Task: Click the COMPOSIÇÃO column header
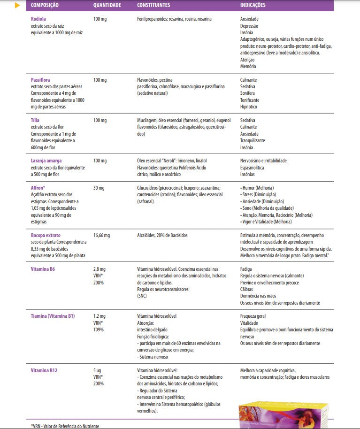45,5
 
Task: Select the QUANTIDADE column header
107,5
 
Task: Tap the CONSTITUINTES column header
153,5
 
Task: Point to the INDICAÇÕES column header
253,5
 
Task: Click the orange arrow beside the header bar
18,6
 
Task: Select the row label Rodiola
38,19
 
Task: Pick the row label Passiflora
40,80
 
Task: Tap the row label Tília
35,121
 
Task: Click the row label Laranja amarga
46,161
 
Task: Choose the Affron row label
38,188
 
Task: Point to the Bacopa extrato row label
46,235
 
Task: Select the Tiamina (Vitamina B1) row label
53,316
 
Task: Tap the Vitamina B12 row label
44,370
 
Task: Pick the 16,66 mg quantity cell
101,235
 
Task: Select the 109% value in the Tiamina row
99,329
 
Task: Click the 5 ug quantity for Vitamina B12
97,370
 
